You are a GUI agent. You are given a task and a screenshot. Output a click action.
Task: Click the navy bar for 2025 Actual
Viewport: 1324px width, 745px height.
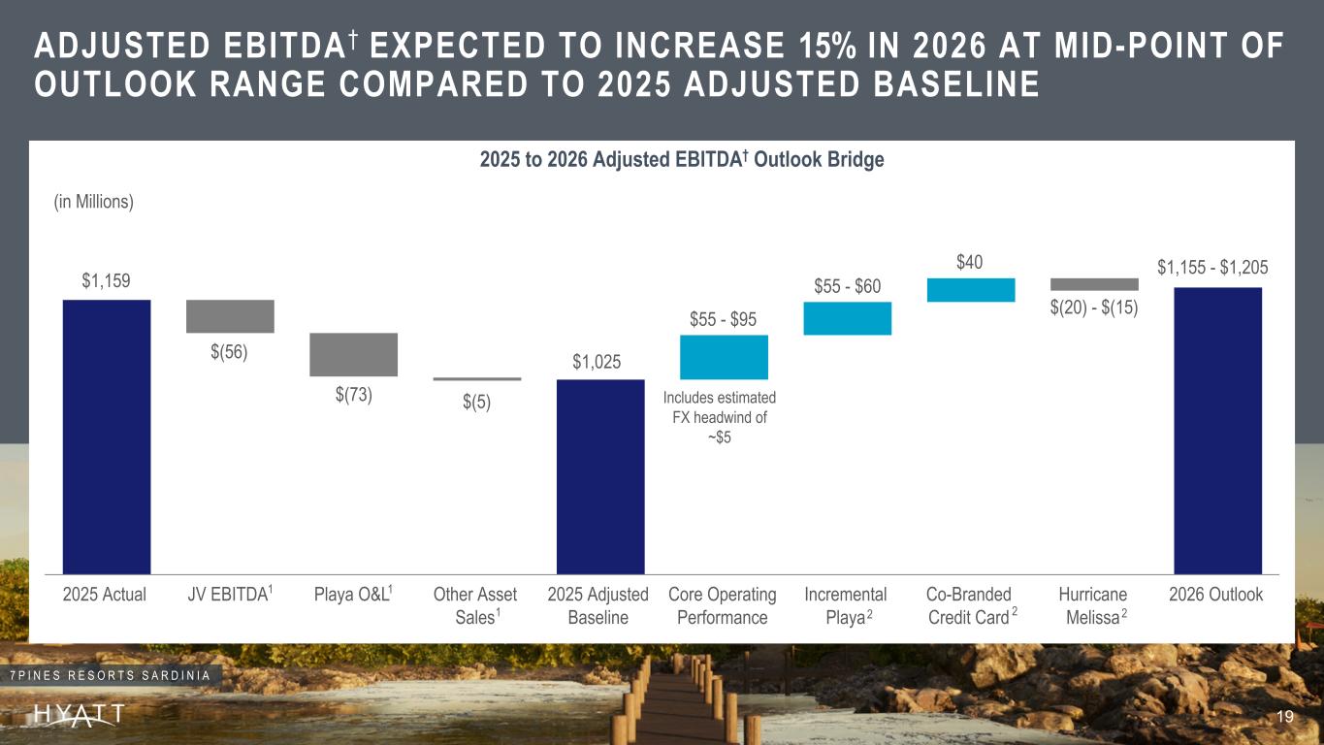[x=107, y=437]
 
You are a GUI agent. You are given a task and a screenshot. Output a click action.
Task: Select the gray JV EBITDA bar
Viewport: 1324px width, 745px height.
[x=230, y=316]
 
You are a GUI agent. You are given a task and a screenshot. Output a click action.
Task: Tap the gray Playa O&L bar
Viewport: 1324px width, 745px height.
[x=353, y=354]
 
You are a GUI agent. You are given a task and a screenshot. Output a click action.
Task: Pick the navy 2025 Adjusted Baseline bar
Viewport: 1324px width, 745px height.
[x=600, y=476]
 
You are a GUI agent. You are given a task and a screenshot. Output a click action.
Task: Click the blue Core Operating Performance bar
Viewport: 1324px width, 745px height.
[x=724, y=357]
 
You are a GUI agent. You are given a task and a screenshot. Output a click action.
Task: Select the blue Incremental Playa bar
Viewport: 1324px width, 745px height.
[x=847, y=318]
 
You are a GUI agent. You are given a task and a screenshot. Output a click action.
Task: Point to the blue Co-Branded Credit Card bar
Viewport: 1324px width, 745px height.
[x=971, y=290]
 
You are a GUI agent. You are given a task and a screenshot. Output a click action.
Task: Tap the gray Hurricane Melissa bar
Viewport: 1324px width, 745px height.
[x=1094, y=284]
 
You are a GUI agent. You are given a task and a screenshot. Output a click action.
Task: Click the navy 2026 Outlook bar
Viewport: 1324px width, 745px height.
[x=1217, y=430]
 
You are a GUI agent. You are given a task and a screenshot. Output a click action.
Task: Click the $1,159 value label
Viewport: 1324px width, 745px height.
[x=106, y=281]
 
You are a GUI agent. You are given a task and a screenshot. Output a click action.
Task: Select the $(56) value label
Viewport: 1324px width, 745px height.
[x=230, y=352]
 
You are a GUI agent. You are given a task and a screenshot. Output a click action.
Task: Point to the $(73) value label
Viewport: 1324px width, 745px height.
[x=353, y=395]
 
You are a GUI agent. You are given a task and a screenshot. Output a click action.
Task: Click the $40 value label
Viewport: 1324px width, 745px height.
[x=971, y=262]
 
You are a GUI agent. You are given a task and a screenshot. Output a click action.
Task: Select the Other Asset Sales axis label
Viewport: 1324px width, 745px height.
[x=475, y=605]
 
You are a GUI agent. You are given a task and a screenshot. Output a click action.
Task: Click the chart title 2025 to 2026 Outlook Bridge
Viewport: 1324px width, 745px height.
[x=682, y=160]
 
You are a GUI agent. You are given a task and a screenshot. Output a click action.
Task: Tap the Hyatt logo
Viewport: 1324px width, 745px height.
[x=80, y=716]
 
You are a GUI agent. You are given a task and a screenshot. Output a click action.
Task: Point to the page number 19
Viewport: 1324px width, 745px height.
[x=1286, y=717]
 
